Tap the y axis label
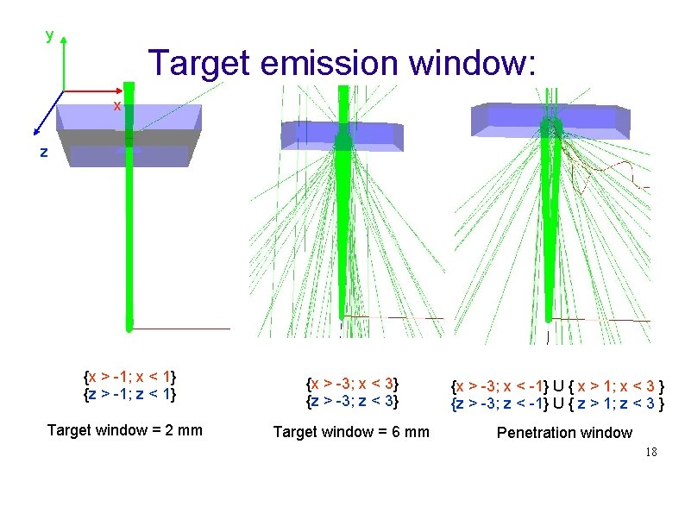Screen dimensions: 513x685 pos(49,34)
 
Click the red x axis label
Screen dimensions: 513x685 pos(117,105)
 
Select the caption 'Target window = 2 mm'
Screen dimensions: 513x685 pos(125,429)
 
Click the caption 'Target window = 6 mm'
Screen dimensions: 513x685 pos(350,431)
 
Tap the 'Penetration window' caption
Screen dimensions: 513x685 pos(564,432)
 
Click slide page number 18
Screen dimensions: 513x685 pos(651,451)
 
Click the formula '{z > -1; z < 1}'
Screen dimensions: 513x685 pos(129,394)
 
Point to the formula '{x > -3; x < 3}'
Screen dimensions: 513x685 pos(352,383)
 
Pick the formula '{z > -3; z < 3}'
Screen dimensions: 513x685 pos(352,400)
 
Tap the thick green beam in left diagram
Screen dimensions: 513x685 pos(129,241)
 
